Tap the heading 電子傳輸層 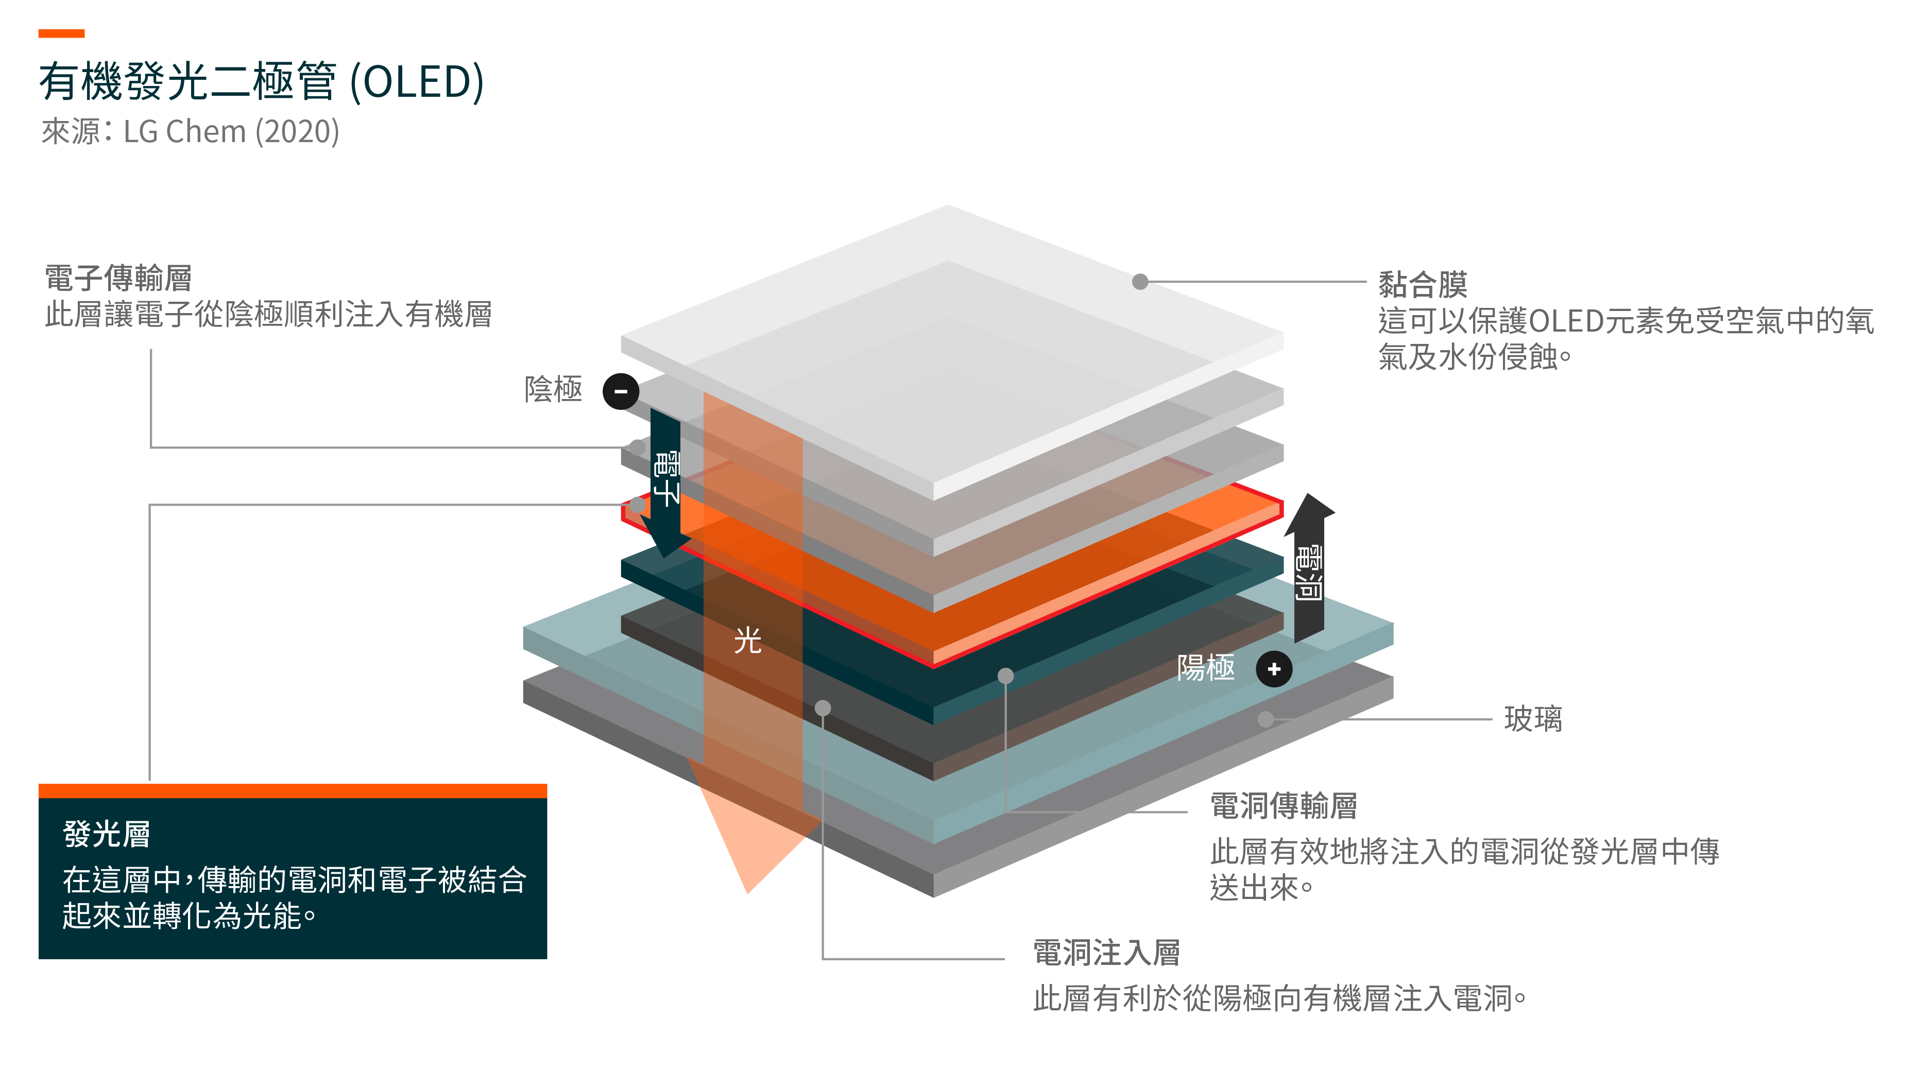[x=118, y=278]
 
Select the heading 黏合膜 [x=1423, y=284]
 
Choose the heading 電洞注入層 [x=1107, y=953]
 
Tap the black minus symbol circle [x=621, y=391]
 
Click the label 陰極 [x=554, y=389]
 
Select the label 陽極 [x=1206, y=667]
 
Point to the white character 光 [x=748, y=641]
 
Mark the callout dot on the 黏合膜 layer [x=1140, y=282]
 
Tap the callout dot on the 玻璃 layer [x=1266, y=719]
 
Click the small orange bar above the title [x=61, y=33]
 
